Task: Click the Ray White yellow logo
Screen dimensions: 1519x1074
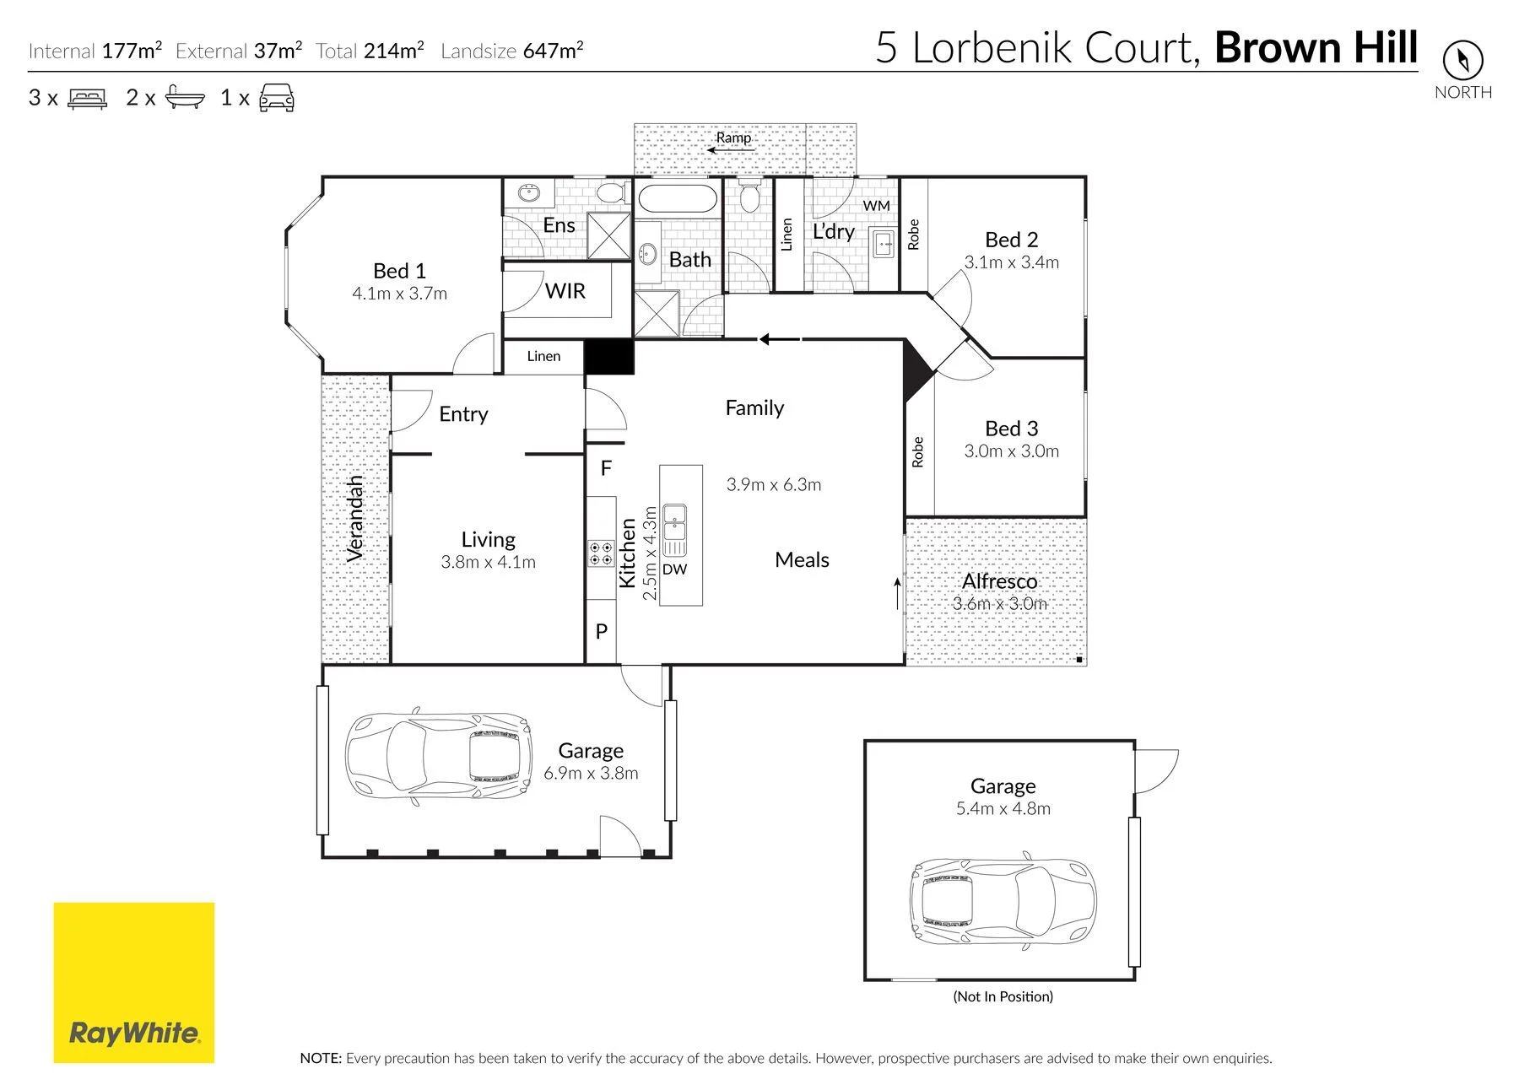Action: coord(133,982)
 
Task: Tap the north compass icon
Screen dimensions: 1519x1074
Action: coord(1462,60)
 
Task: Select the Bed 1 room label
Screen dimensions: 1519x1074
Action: coord(399,271)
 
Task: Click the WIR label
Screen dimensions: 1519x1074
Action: coord(565,291)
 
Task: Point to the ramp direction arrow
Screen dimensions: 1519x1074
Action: coord(729,151)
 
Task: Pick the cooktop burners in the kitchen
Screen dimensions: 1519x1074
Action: coord(601,553)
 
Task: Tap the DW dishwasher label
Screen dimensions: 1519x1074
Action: coord(674,569)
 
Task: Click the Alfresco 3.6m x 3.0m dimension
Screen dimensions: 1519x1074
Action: coord(999,604)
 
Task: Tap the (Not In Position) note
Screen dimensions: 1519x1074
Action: coord(1003,996)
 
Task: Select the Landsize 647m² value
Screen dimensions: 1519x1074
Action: coord(553,51)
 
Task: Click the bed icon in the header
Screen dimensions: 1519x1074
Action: coord(88,98)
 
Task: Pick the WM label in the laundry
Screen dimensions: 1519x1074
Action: coord(876,206)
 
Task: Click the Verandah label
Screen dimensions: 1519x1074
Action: coord(355,519)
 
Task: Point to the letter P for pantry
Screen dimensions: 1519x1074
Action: coord(602,631)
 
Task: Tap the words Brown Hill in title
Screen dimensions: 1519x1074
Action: coord(1316,47)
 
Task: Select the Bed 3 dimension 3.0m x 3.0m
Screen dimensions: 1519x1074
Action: coord(1011,451)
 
